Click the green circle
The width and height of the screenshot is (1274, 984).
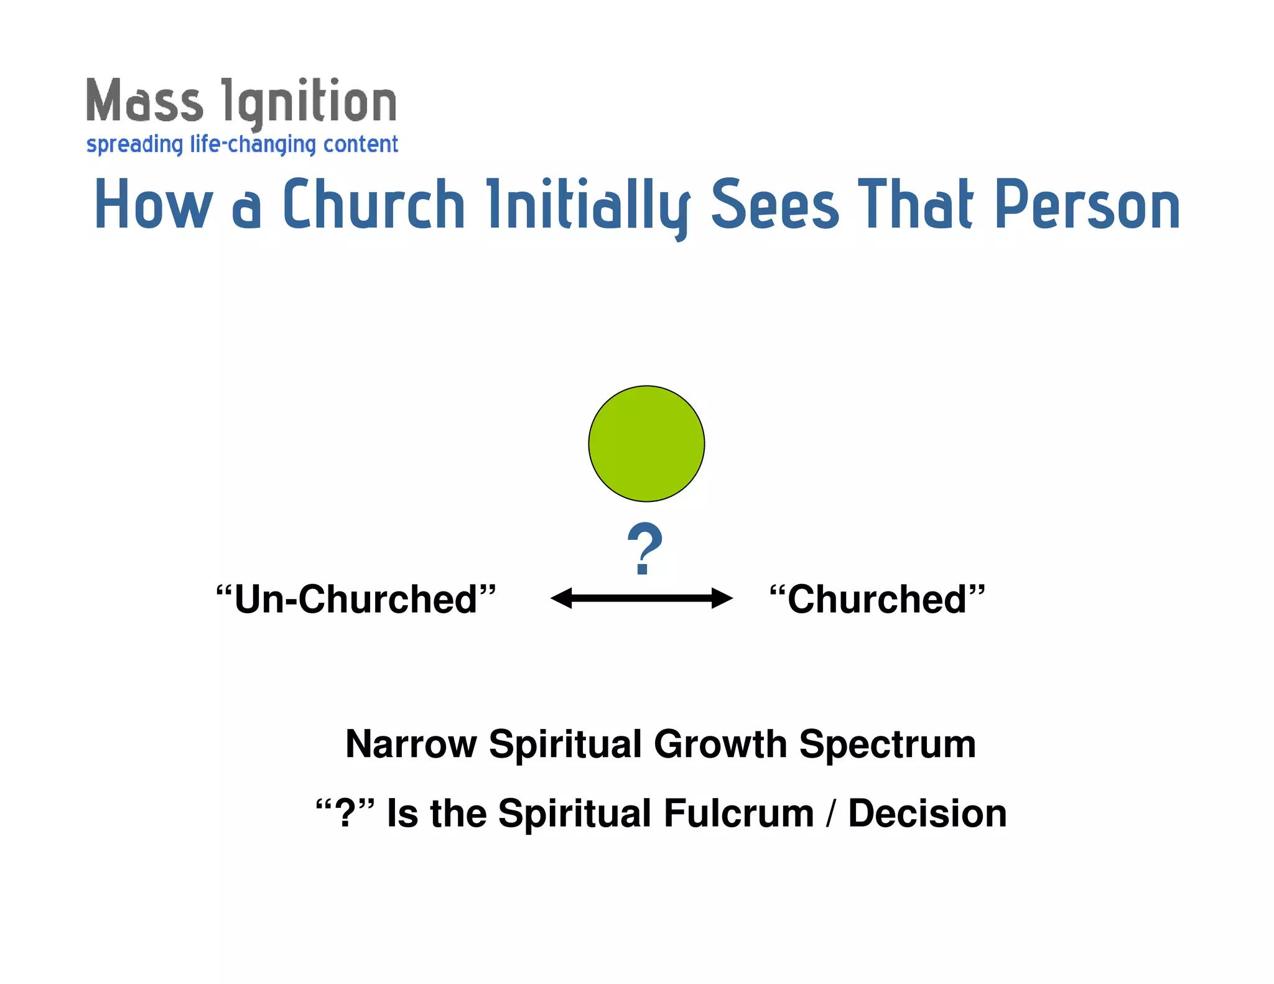(646, 443)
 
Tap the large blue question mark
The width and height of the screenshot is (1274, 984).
(645, 548)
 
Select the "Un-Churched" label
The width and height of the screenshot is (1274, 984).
(356, 600)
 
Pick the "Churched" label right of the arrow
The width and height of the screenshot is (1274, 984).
(877, 600)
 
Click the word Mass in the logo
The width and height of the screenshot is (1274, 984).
(144, 101)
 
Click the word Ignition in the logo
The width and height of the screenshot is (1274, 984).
(309, 103)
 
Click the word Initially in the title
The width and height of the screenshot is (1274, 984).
(588, 205)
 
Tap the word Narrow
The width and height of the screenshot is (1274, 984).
(411, 744)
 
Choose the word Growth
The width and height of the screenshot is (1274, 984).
(720, 744)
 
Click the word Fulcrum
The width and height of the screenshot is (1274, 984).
(738, 814)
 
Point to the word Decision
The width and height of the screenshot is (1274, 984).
(927, 814)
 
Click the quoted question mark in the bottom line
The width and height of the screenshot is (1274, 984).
(345, 814)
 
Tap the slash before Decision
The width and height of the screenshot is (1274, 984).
(832, 814)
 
